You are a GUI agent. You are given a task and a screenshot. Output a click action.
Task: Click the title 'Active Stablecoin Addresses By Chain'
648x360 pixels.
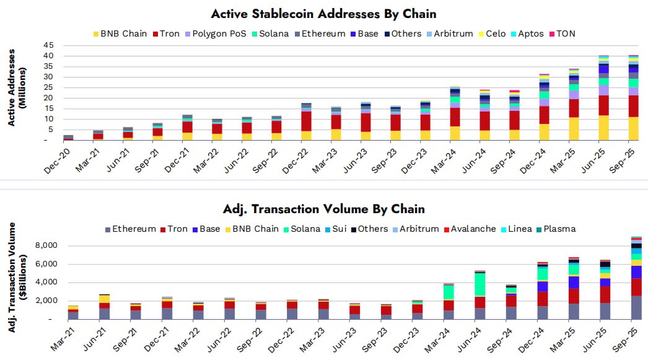(323, 14)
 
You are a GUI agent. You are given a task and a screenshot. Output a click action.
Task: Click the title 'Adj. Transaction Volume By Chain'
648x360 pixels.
(323, 209)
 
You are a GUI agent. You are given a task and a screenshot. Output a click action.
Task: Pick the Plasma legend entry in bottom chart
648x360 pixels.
(558, 229)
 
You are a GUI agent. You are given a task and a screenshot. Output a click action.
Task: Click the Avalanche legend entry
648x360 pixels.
(471, 229)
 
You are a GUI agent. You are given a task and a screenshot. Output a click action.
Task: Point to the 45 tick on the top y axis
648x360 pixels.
(48, 45)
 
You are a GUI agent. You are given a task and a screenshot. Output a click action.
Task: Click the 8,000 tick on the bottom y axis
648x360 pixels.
(45, 245)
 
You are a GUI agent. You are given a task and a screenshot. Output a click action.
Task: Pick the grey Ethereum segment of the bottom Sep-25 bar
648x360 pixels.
(636, 307)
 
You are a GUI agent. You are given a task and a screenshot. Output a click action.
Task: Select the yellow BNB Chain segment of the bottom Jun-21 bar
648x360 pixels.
(105, 299)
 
